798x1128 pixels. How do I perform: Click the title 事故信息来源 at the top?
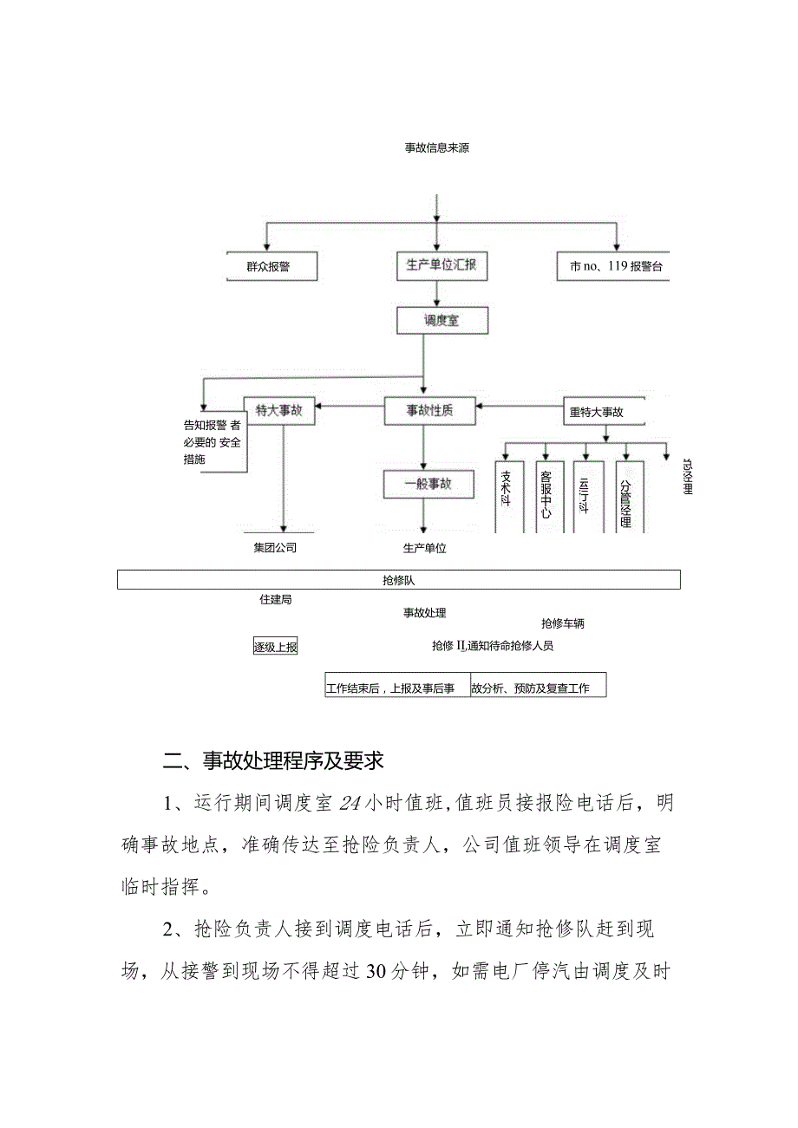(437, 148)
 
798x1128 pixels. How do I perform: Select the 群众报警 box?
(268, 267)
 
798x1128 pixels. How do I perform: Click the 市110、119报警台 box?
(616, 267)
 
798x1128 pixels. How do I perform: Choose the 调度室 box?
(442, 320)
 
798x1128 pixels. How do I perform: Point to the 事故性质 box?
(430, 411)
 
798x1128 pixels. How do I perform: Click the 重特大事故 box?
(596, 412)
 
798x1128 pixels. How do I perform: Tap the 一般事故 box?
(429, 484)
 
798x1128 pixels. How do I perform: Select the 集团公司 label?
(275, 548)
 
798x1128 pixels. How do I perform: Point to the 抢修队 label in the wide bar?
(398, 580)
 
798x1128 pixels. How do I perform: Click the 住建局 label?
(275, 599)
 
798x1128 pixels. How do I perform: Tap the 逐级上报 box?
(275, 646)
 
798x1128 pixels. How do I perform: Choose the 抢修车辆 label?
(568, 623)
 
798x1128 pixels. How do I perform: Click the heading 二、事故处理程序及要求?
(273, 761)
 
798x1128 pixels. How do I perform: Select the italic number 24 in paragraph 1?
(350, 804)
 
